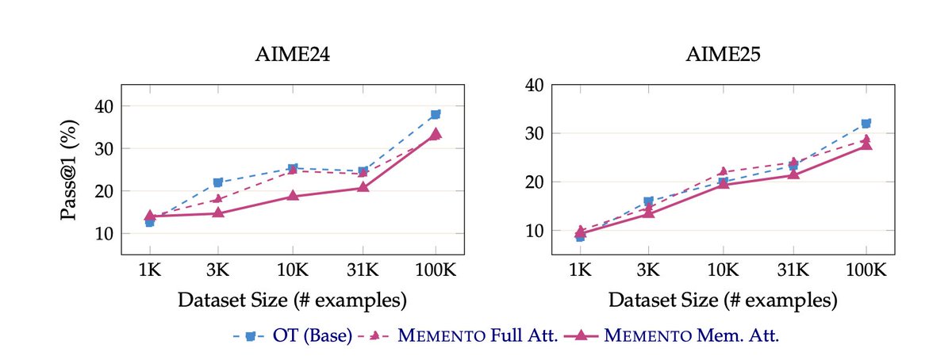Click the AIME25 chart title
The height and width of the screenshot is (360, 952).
(723, 57)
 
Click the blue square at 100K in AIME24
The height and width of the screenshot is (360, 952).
(436, 114)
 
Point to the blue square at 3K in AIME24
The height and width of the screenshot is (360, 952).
(217, 182)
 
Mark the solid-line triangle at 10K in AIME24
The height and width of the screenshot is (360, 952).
(292, 196)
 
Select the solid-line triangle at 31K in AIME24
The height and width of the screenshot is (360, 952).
(363, 187)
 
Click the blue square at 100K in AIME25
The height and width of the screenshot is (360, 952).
(866, 123)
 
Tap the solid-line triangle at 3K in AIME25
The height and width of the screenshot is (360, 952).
(649, 213)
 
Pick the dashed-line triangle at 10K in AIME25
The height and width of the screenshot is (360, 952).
(723, 171)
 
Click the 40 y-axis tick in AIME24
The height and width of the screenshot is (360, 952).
(105, 106)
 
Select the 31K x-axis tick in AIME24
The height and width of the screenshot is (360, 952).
(363, 270)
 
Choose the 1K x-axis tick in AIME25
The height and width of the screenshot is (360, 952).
(580, 270)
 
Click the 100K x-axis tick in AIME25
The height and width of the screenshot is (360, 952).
(866, 270)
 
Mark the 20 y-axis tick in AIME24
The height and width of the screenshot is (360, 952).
(105, 191)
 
